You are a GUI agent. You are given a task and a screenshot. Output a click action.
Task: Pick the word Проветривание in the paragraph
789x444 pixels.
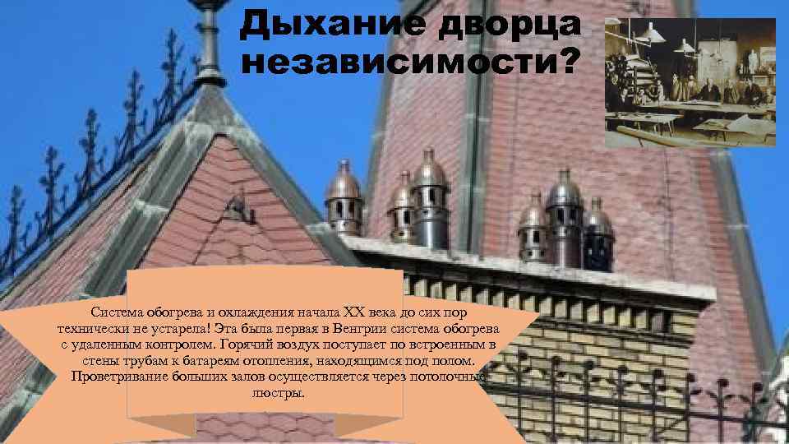[120, 377]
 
